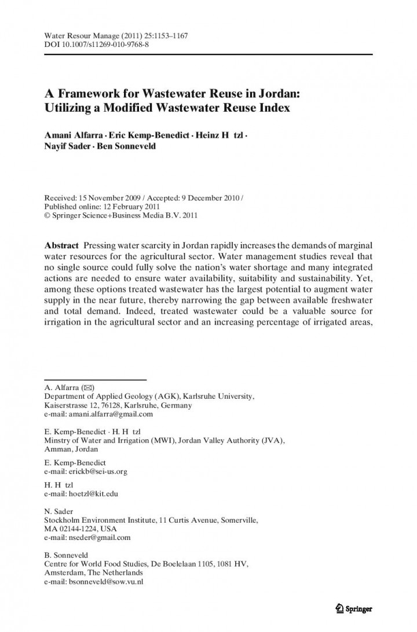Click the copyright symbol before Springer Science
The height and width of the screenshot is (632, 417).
point(47,215)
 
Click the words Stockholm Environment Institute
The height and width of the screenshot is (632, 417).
point(100,520)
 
